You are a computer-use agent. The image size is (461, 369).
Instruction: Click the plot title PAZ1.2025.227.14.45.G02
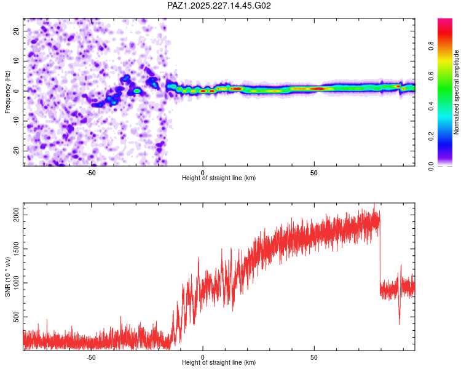click(x=219, y=6)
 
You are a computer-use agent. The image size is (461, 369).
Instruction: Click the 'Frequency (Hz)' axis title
click(x=7, y=92)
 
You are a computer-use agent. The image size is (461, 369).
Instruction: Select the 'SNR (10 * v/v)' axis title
click(x=7, y=277)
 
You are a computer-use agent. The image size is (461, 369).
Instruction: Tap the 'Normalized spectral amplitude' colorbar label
click(x=456, y=92)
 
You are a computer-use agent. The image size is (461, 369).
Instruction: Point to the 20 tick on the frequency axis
click(x=17, y=31)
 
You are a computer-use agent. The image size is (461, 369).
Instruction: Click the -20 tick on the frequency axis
click(x=17, y=151)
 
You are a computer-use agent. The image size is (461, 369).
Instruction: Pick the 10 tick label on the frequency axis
click(x=17, y=61)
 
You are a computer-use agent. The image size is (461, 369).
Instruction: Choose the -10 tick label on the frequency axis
click(x=17, y=121)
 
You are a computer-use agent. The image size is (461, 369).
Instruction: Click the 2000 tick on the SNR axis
click(x=17, y=215)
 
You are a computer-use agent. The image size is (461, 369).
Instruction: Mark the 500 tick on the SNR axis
click(x=17, y=317)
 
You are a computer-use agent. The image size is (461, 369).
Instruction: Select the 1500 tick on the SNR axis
click(x=17, y=249)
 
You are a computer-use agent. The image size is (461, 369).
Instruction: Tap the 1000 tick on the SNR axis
click(x=17, y=283)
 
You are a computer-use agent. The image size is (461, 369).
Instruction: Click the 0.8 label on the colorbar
click(x=431, y=46)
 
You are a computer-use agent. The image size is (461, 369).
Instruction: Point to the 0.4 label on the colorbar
click(x=431, y=106)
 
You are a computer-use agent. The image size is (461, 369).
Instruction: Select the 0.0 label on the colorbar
click(x=431, y=166)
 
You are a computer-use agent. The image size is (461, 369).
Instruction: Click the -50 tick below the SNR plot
click(x=91, y=357)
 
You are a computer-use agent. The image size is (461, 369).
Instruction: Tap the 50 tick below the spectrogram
click(x=314, y=173)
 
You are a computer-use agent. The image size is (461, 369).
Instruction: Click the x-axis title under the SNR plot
click(x=219, y=362)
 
